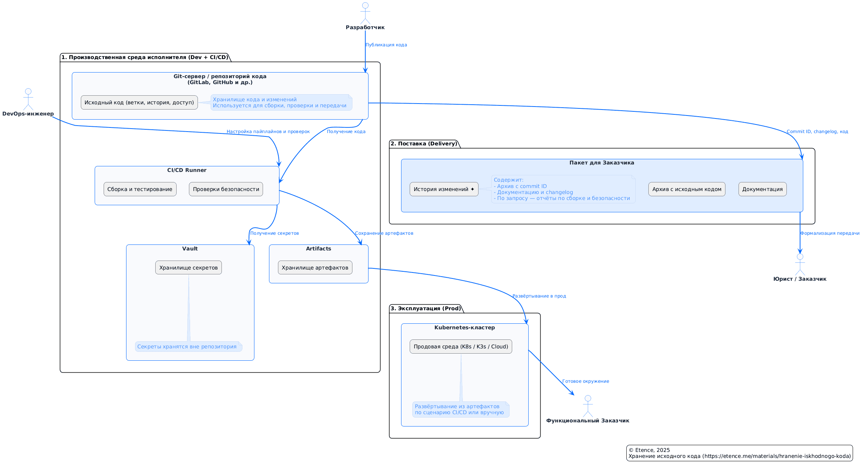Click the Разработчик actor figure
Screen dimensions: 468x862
click(365, 14)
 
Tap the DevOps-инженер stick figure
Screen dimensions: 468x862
click(28, 100)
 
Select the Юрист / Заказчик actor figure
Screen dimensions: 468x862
click(800, 265)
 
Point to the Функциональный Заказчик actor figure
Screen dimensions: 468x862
click(588, 406)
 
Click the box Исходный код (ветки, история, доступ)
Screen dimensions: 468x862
click(139, 102)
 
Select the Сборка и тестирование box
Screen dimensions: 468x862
click(140, 189)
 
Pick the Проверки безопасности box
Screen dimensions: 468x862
click(226, 189)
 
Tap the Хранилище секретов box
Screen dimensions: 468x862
click(189, 268)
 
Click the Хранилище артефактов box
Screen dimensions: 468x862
click(315, 268)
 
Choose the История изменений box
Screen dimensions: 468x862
click(444, 189)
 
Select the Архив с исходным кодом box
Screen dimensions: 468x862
click(687, 189)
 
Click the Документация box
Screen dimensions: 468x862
click(762, 189)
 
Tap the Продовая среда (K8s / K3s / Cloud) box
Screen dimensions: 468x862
click(461, 347)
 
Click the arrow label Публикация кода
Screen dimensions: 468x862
click(386, 45)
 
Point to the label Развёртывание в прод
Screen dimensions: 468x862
click(539, 296)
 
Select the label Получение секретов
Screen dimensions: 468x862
click(275, 233)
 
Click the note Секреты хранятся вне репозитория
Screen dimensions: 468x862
click(187, 347)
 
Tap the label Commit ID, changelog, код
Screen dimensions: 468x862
click(817, 132)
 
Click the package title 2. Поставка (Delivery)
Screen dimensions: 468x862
click(424, 144)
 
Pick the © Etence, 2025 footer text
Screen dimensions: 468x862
click(649, 450)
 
